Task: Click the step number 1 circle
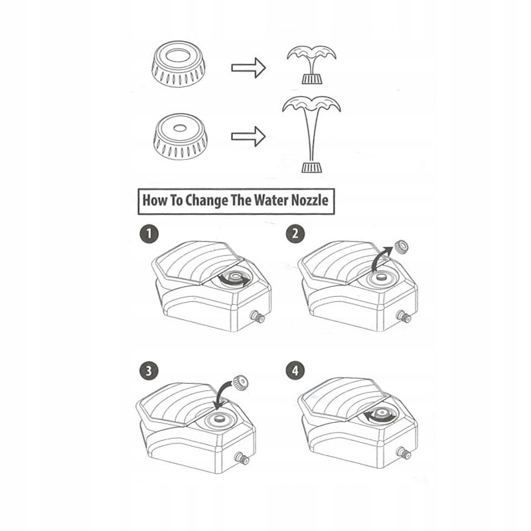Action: tap(149, 234)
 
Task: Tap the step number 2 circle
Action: tap(295, 234)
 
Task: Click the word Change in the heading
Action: tap(202, 200)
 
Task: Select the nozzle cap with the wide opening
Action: tap(177, 64)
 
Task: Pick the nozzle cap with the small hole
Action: tap(180, 135)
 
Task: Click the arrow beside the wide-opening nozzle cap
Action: tap(248, 67)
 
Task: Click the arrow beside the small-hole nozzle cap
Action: tap(248, 137)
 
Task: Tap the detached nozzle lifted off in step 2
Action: tap(400, 248)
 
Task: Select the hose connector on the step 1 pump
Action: tap(257, 317)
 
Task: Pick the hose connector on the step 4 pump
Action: tap(403, 454)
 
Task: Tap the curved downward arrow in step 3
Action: tap(222, 397)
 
